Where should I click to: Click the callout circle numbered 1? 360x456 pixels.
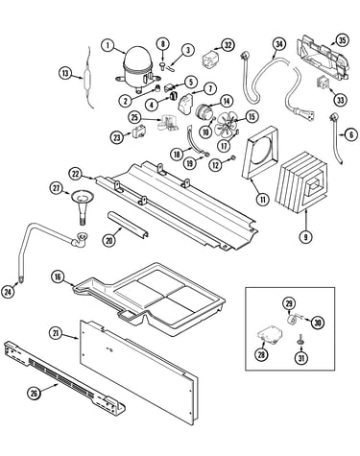click(108, 45)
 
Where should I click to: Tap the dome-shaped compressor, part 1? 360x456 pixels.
click(137, 69)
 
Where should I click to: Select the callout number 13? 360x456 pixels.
click(65, 73)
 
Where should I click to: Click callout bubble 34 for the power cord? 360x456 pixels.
click(279, 44)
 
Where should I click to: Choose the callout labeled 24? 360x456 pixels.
click(8, 292)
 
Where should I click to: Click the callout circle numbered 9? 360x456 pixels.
click(305, 237)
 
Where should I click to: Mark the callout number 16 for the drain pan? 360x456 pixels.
click(58, 276)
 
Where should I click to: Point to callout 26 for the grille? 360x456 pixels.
click(34, 394)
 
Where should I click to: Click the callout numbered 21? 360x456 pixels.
click(56, 333)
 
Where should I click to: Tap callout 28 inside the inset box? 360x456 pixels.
click(262, 354)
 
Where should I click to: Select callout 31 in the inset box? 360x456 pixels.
click(301, 358)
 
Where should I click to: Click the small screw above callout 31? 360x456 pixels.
click(301, 339)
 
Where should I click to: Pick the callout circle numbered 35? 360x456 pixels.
click(342, 40)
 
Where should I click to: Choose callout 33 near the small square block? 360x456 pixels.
click(340, 100)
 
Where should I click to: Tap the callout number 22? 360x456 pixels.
click(75, 174)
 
